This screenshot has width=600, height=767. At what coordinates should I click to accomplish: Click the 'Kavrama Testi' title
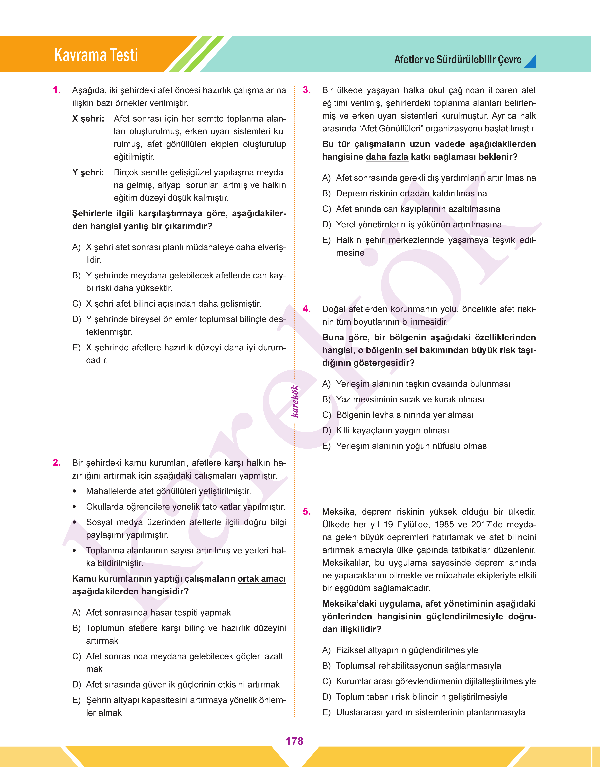96,55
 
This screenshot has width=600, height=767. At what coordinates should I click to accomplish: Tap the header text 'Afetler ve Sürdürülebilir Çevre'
457,60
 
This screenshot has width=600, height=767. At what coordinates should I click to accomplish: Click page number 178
294,741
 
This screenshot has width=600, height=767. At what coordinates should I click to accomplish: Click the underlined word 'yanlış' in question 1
136,226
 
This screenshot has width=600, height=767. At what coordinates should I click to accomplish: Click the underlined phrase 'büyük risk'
493,350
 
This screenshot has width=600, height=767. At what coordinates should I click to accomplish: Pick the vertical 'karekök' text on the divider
295,401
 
